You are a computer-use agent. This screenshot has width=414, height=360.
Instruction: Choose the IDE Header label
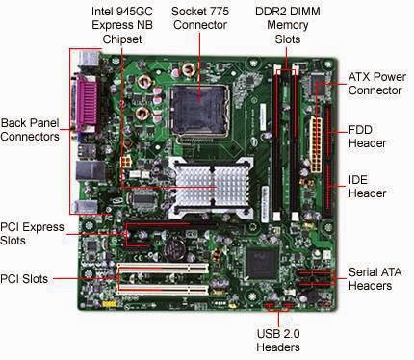(368, 186)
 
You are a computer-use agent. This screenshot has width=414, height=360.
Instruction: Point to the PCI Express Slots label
(33, 234)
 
